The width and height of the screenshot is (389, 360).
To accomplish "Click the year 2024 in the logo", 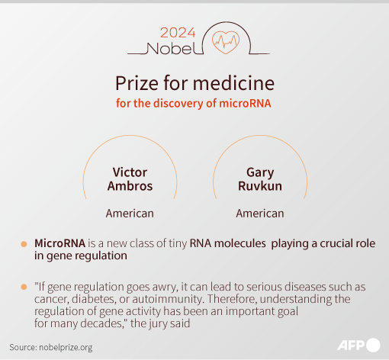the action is coord(178,33).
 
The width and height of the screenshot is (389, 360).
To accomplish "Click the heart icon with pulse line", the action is coord(226,42).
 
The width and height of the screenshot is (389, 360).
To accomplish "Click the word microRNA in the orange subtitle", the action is coord(245,104).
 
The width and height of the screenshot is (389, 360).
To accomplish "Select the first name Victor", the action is coord(130,172).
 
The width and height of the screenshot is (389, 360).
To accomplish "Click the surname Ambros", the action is coord(130,186).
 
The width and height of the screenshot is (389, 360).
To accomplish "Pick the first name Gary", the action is coord(260,173).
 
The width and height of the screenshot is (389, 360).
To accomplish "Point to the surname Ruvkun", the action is coord(260,186).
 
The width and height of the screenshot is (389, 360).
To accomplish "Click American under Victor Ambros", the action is coord(130,214).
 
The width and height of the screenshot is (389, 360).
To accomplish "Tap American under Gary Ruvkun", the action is coord(260,214).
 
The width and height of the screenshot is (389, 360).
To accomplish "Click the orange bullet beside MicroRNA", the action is coord(24,244).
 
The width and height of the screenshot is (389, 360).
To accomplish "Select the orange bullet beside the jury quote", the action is coord(24,287).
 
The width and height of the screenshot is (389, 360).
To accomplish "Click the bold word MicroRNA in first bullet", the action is coord(60,243).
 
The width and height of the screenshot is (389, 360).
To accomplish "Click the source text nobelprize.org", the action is coord(66,348).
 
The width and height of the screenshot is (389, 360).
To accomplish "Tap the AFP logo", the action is coord(358,346).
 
